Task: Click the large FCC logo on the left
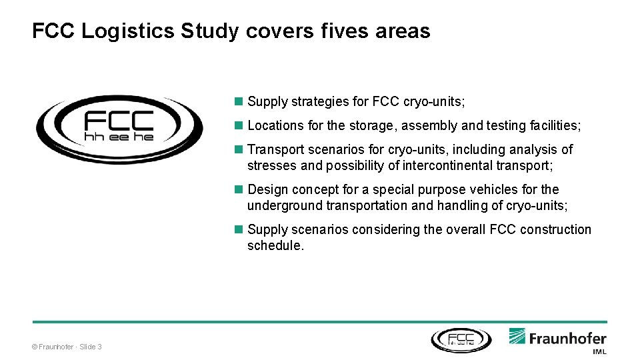(x=119, y=129)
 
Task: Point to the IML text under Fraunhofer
(x=599, y=351)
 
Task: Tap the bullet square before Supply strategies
(x=239, y=101)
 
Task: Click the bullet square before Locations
(x=239, y=125)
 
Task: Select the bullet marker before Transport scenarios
(x=239, y=149)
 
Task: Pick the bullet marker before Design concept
(x=239, y=189)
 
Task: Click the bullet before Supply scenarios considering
(x=239, y=229)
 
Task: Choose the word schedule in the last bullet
(x=273, y=245)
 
